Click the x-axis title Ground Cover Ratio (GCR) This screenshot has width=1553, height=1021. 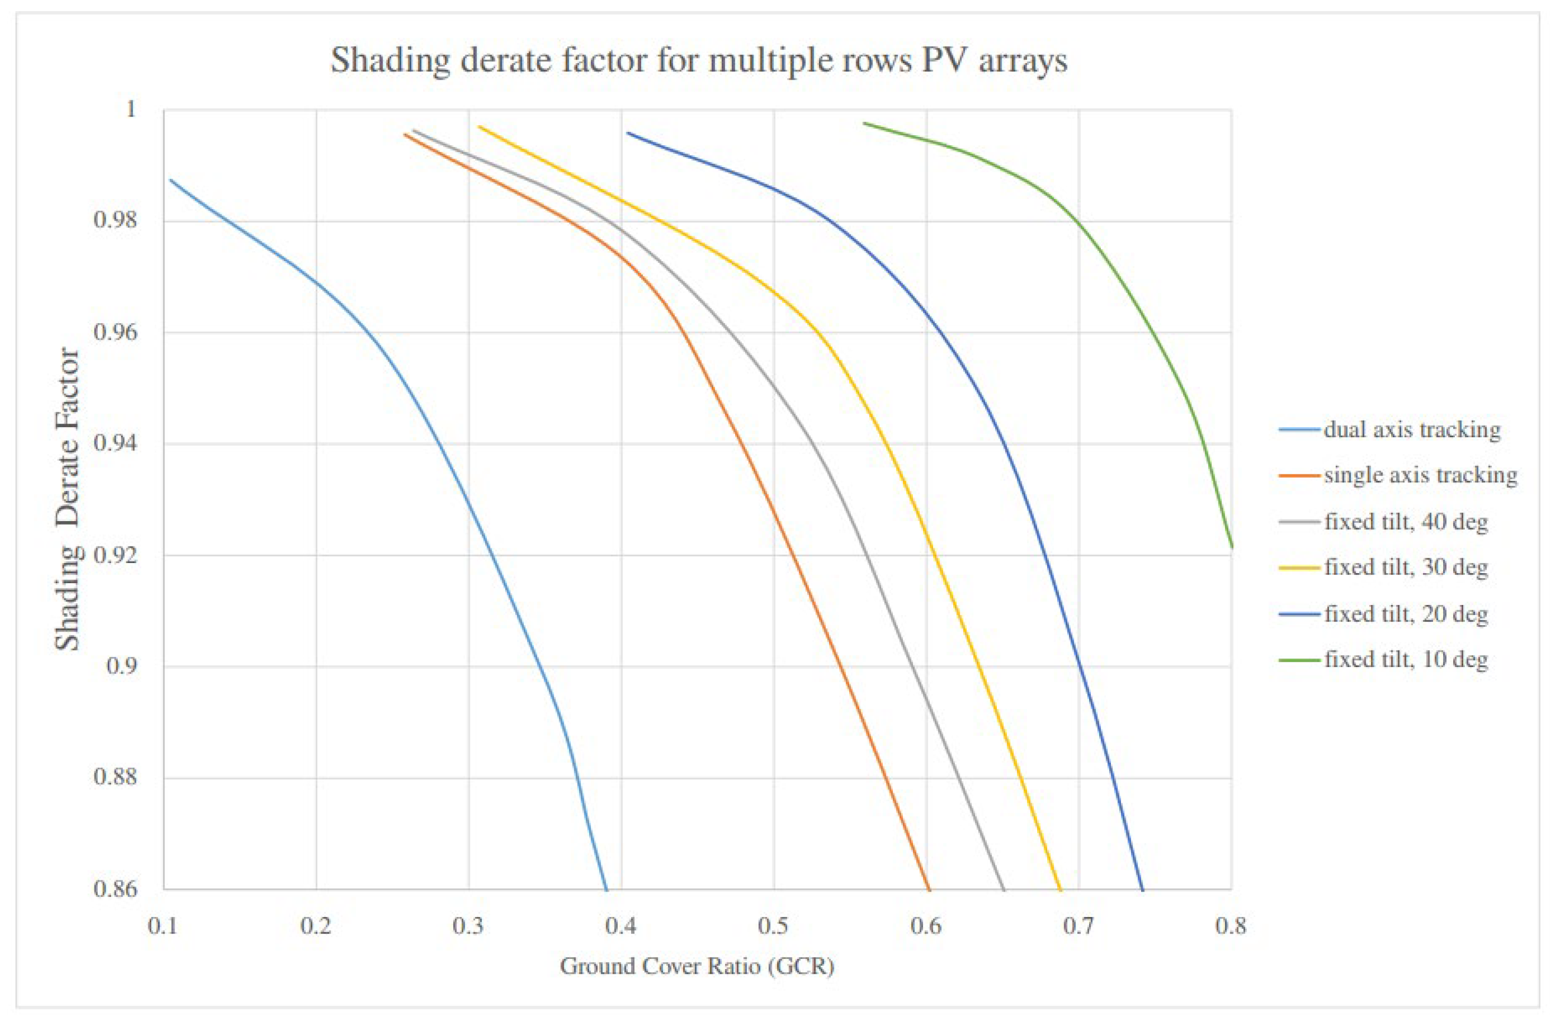point(697,966)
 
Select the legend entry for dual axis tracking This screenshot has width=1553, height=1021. point(1411,430)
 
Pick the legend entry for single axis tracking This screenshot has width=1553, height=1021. point(1420,475)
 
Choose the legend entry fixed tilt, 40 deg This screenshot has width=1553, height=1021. point(1405,522)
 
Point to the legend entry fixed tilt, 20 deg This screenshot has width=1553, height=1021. point(1405,614)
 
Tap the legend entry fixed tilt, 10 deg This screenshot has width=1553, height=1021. point(1405,660)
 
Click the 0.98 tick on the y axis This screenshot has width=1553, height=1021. point(116,221)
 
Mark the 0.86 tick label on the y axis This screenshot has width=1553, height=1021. point(116,889)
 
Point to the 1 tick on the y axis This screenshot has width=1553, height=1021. point(131,109)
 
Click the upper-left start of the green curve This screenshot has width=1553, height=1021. point(864,123)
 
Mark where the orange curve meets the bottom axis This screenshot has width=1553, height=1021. point(928,888)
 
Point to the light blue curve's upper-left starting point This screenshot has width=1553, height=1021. point(170,179)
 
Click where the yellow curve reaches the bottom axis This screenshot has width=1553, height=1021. point(1060,888)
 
